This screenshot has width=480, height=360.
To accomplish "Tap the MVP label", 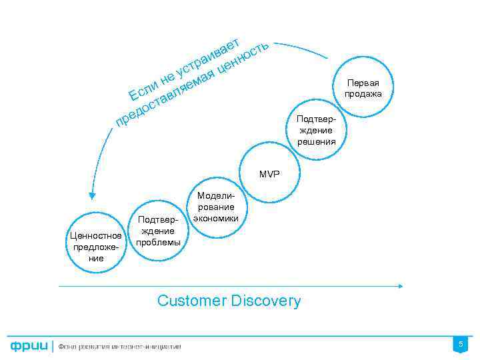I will (270, 174).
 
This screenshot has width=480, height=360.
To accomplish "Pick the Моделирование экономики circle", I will (215, 207).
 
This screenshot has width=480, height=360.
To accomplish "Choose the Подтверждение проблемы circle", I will (158, 231).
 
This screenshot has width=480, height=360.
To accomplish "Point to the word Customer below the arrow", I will (191, 301).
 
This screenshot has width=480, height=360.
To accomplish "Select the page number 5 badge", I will (459, 344).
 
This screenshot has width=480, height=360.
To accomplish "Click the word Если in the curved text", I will (142, 91).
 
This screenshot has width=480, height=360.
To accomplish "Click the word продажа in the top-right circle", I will (363, 94).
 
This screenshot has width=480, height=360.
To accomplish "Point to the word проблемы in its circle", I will (158, 241).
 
